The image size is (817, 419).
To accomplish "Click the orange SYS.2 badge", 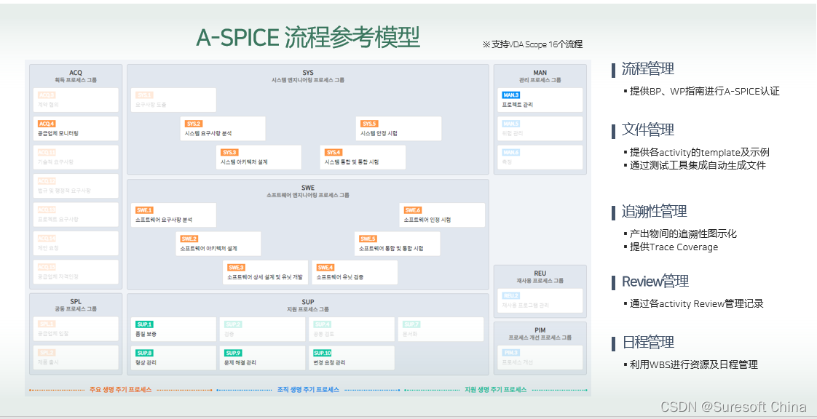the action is coord(193,124).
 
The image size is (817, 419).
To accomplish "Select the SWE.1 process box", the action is coord(173,215).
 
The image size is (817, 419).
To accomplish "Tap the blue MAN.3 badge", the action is coord(510,95).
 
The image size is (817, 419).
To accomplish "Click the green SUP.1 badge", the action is coord(144,324).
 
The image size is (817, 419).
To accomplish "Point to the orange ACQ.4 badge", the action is coord(47,124).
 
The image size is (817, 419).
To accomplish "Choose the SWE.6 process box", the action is coord(442,215).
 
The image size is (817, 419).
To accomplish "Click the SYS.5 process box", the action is coord(399,129).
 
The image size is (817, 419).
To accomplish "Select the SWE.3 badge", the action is coord(234,268).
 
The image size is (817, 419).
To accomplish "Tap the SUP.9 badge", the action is coord(233,353).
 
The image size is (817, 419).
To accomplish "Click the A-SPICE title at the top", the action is coord(308,37).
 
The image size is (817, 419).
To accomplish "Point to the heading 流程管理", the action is coord(647,69).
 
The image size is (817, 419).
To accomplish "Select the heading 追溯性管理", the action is coord(654,212).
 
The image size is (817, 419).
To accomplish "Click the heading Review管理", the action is coord(655,282).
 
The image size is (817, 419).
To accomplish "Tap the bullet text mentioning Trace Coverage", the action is coord(674,247).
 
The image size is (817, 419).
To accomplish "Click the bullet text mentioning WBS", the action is coord(693,364).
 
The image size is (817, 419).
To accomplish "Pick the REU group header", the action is coord(540,276).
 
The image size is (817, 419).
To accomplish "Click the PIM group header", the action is coord(540,333).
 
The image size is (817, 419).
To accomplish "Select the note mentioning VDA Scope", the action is coord(532,44).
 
